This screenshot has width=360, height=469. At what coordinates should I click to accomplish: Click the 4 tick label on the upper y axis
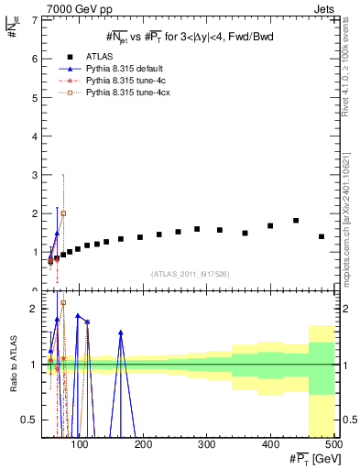point(34,136)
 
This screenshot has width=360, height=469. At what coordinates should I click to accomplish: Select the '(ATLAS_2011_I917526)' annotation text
point(190,274)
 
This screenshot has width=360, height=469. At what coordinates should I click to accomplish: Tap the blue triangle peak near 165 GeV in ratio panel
point(121,333)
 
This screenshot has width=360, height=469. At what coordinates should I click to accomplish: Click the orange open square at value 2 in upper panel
point(63,213)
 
